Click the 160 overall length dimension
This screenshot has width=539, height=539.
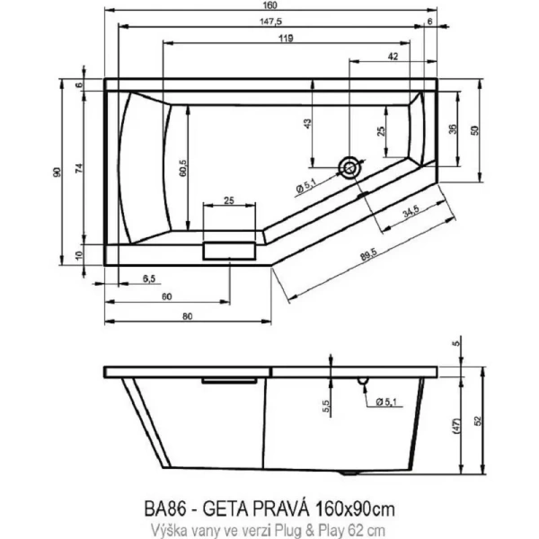271,5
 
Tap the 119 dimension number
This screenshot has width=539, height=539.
288,37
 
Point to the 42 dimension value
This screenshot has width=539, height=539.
393,56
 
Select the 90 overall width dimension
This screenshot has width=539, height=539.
56,172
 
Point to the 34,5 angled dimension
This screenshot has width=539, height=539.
411,212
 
